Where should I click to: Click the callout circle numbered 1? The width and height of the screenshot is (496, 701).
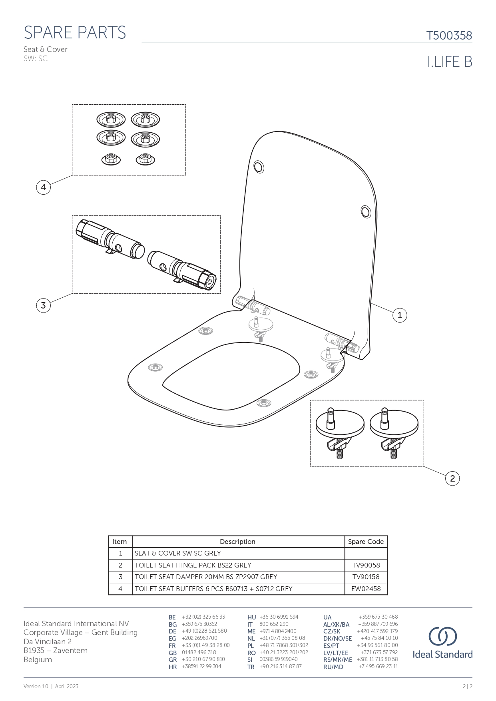coord(400,315)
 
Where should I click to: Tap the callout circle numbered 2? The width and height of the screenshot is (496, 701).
coord(452,478)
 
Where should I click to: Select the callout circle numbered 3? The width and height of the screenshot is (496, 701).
coord(43,306)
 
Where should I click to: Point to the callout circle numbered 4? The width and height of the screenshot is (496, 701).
coord(43,187)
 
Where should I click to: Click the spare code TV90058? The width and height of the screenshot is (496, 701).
coord(366,565)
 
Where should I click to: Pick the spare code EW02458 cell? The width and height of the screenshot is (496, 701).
coord(366,589)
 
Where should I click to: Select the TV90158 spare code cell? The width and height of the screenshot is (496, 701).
coord(366,577)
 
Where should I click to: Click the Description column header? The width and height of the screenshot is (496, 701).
coord(237,542)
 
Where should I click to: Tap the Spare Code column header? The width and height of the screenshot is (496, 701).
coord(366,542)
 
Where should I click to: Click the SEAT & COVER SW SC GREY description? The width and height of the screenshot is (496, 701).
coord(177,553)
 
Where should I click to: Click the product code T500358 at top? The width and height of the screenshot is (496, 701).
coord(449,36)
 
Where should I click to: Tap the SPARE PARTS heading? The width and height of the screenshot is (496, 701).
coord(75,33)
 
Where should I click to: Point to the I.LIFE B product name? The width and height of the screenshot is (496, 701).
coord(450,62)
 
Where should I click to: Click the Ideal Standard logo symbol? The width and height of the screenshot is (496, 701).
coord(442,636)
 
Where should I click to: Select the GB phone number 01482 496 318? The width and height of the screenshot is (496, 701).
coord(199,652)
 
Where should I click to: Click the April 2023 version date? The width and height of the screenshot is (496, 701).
coord(67,687)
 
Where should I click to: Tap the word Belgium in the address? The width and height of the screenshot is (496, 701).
coord(38,659)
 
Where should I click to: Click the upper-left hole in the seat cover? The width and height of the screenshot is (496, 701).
coord(259,167)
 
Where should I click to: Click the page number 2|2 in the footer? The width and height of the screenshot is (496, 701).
coord(467,687)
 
